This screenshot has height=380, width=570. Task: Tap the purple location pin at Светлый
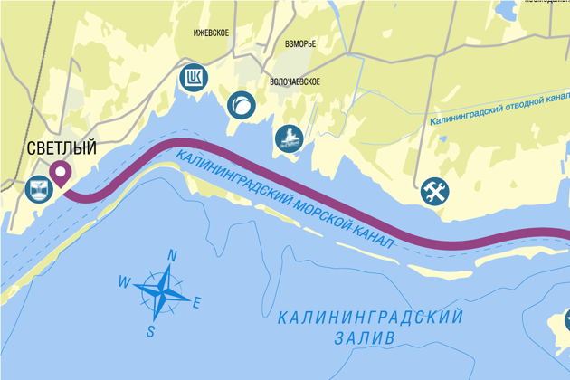62,172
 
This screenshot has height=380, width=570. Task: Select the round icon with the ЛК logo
193,78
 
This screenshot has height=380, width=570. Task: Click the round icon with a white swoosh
241,105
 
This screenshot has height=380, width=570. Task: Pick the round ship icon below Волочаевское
289,138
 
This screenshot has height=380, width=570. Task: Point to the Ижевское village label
211,33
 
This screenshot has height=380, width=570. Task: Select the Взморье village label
299,43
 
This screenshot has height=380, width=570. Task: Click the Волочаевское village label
296,81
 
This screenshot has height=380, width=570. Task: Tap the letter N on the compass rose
172,255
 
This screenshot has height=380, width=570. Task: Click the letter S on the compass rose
151,331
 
